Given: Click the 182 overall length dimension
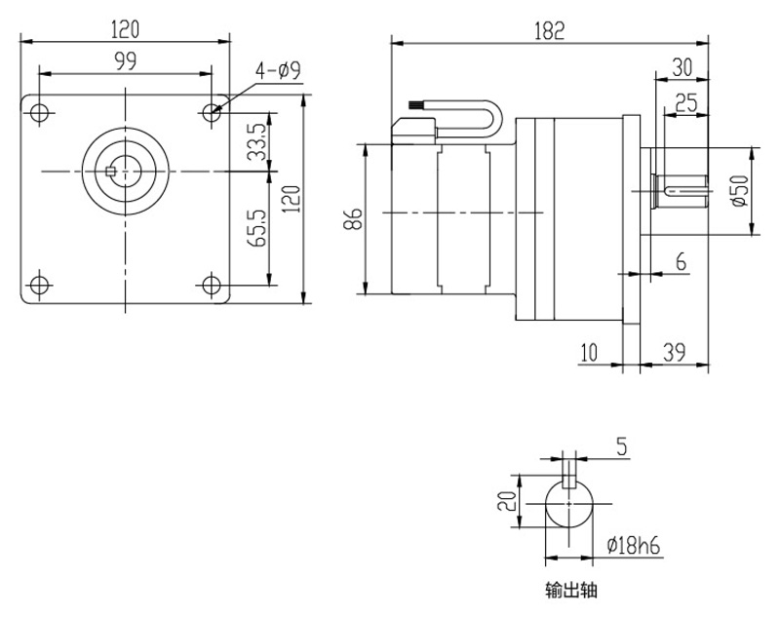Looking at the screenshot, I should (549, 29).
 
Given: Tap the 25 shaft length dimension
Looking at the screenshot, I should (685, 101).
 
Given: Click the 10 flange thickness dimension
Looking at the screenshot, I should (587, 352).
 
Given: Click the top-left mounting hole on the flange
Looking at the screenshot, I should (38, 111).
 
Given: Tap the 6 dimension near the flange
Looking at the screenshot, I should (680, 261).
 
